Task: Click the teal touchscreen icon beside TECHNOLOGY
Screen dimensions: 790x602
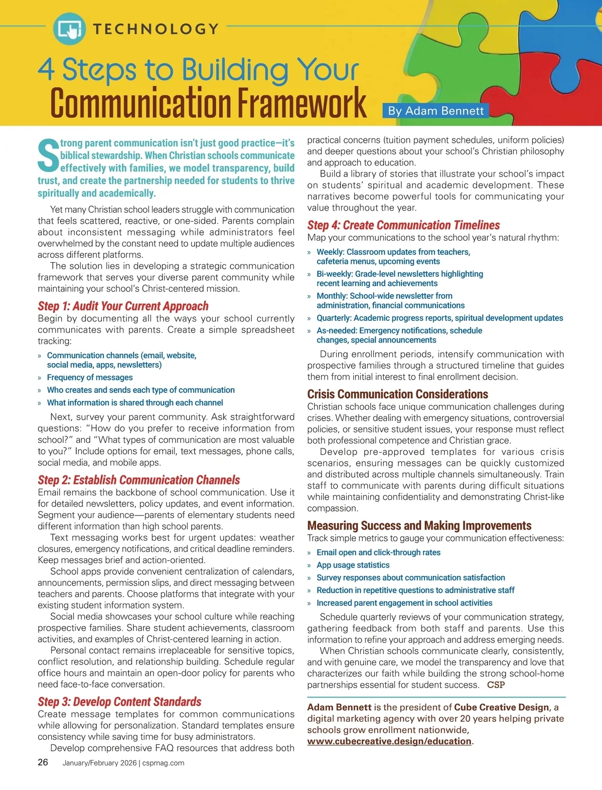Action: [69, 29]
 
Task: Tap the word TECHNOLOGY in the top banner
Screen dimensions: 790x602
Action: [156, 29]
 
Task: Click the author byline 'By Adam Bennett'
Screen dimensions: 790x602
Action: [436, 111]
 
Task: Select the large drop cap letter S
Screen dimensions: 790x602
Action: [48, 155]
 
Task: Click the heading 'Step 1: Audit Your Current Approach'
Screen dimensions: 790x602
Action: [123, 306]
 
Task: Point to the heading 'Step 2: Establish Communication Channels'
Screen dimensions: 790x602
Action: [139, 480]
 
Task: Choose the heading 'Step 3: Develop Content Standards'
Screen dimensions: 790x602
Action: [119, 702]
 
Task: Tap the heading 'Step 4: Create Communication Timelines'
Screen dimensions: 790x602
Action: [403, 225]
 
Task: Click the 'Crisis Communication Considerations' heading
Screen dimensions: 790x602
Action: [397, 394]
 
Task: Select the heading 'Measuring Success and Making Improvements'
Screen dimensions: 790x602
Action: [419, 526]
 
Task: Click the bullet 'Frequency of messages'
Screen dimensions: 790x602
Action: [90, 377]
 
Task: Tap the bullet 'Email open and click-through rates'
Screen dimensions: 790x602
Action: [378, 552]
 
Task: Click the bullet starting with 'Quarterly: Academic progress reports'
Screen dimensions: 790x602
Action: [439, 318]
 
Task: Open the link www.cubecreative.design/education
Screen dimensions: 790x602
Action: [389, 741]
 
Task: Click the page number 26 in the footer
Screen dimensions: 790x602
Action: [43, 762]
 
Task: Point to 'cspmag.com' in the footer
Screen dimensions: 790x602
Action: [163, 763]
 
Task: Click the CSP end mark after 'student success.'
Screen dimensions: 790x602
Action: [496, 685]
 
